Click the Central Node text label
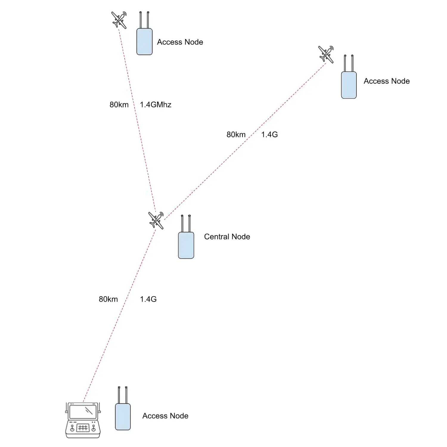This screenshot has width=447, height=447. (227, 237)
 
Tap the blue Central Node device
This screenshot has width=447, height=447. (186, 245)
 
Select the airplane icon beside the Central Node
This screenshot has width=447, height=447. (156, 220)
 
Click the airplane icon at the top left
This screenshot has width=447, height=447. (119, 20)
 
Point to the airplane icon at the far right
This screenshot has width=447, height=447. (326, 54)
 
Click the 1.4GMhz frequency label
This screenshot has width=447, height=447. (156, 105)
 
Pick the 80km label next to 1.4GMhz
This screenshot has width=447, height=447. (119, 105)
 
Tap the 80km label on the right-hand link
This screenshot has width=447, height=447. (236, 135)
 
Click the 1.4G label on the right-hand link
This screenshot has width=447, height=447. (269, 135)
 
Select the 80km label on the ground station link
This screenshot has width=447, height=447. (108, 299)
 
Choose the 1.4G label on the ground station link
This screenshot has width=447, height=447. (148, 299)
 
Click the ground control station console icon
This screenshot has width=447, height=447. (83, 420)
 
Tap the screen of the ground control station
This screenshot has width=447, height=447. (83, 412)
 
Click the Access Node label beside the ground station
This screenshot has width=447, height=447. (165, 416)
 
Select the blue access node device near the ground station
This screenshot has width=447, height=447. (123, 417)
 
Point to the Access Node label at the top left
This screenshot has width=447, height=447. (180, 42)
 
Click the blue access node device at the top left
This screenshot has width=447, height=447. (145, 41)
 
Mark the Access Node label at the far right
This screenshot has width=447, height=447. (387, 81)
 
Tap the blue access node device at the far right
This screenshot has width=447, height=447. (349, 85)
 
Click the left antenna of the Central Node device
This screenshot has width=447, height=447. (182, 223)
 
